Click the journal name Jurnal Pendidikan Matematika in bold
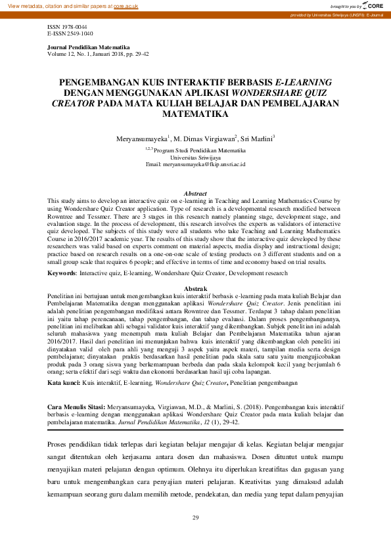tap(89, 48)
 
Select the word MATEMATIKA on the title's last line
tap(195, 114)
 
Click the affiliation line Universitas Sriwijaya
tap(195, 158)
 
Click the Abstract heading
tap(195, 194)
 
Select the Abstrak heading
tap(195, 289)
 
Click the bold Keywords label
tap(62, 271)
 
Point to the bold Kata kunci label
tap(64, 382)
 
